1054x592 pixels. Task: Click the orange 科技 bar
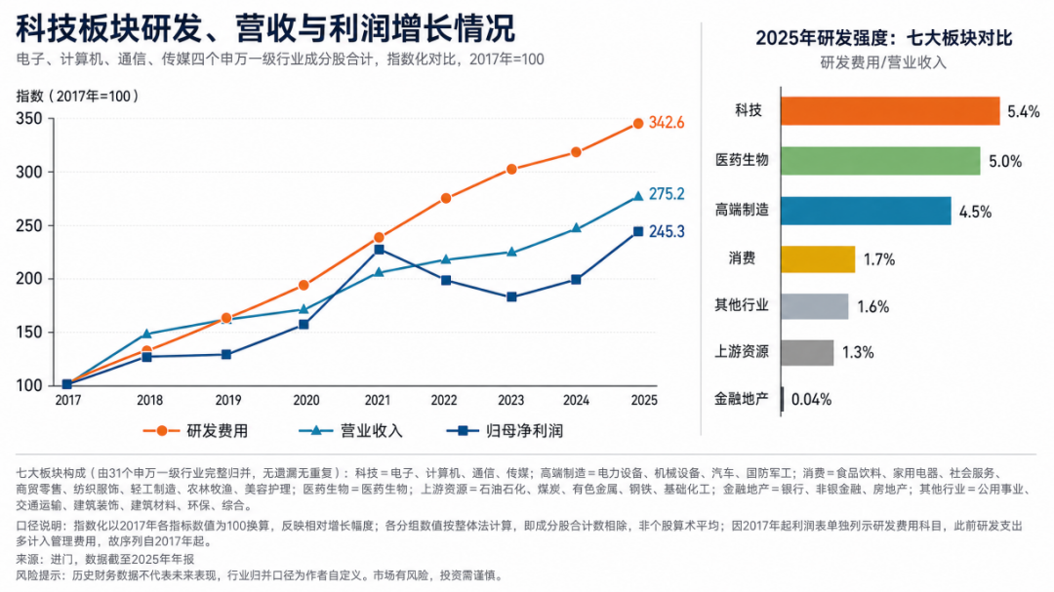point(890,111)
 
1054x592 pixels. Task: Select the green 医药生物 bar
point(880,161)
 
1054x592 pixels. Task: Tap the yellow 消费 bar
point(818,259)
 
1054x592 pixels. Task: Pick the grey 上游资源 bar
point(807,353)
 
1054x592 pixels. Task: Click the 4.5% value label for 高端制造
point(975,212)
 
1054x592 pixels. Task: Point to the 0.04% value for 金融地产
point(811,400)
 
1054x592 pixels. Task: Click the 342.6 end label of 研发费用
point(667,122)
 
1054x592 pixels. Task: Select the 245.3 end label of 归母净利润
point(667,232)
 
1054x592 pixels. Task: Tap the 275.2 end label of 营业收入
point(667,194)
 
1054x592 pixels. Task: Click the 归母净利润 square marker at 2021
point(379,250)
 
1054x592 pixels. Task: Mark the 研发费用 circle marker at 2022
point(446,198)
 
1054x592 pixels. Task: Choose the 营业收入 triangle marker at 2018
point(147,334)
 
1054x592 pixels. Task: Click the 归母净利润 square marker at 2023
point(511,296)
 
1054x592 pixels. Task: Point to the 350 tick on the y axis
point(29,119)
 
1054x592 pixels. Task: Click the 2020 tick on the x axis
point(306,401)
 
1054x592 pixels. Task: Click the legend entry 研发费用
point(195,431)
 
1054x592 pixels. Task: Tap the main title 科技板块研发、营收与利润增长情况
point(265,28)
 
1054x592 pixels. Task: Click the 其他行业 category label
point(742,305)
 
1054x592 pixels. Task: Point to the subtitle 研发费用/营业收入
point(883,62)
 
